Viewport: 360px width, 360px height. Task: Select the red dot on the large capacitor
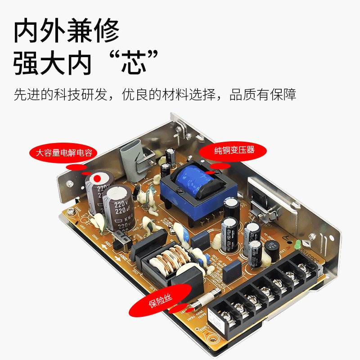click(96, 178)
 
